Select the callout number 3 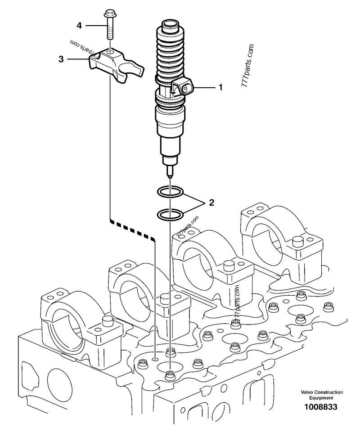click(x=61, y=59)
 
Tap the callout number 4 click(x=79, y=26)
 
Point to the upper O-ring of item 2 click(x=170, y=193)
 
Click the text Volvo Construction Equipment click(x=322, y=395)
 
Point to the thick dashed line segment click(x=133, y=229)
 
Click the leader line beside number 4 click(x=94, y=26)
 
